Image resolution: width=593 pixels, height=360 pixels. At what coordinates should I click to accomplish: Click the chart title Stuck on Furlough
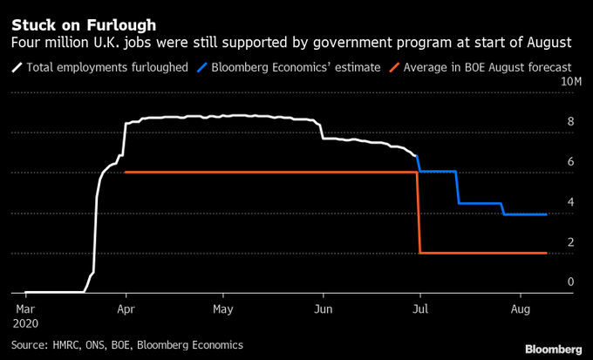[84, 24]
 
